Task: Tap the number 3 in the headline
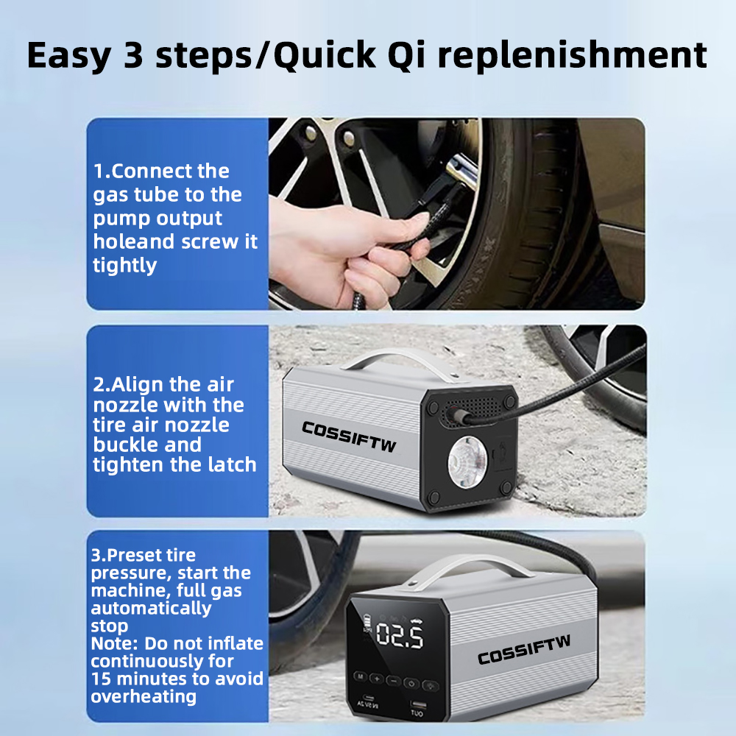[x=133, y=55]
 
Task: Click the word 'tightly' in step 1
[x=124, y=266]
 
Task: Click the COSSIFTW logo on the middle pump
[x=349, y=436]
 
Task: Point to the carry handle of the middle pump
[x=403, y=362]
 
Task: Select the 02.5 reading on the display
[x=400, y=636]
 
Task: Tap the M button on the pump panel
[x=361, y=676]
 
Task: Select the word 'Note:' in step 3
[x=115, y=643]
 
